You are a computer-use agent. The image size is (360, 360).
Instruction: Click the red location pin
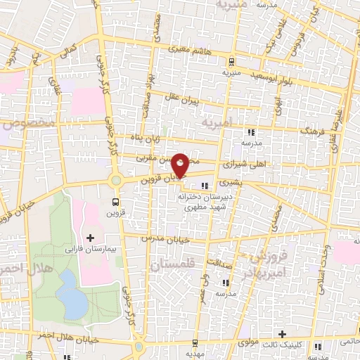180,165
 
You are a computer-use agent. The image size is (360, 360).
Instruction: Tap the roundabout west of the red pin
115,181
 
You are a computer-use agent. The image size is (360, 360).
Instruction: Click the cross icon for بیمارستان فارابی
89,238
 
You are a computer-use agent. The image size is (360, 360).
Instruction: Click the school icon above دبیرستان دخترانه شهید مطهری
205,186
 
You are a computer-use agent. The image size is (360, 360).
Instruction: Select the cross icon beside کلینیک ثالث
282,334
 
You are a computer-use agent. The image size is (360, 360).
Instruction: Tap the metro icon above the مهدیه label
194,343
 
